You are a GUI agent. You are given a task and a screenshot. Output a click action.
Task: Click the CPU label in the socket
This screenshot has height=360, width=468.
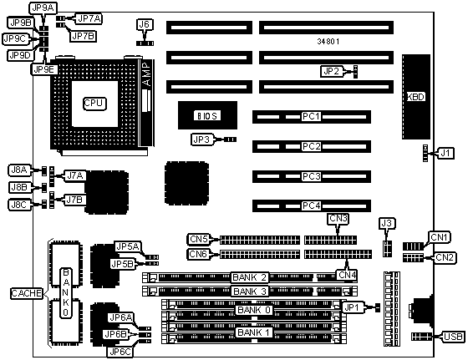click(x=94, y=104)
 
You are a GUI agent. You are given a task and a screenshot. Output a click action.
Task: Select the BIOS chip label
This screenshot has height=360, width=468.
click(x=207, y=115)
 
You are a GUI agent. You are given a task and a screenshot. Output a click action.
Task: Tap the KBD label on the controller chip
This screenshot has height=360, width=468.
click(x=416, y=97)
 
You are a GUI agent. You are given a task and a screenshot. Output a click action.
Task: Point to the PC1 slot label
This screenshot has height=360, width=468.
click(x=311, y=116)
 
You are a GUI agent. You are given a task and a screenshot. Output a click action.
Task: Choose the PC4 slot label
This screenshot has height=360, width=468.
click(x=311, y=205)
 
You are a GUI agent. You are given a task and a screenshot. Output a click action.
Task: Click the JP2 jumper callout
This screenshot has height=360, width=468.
click(x=331, y=71)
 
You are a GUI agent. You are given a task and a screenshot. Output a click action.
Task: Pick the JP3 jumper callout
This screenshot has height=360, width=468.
click(x=201, y=139)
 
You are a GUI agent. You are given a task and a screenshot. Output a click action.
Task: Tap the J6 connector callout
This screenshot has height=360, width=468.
click(x=145, y=24)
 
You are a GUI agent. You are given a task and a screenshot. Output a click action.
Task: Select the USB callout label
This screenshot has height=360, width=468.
click(x=453, y=337)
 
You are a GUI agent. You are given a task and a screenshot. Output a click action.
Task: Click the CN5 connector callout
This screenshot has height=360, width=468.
click(x=199, y=239)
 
